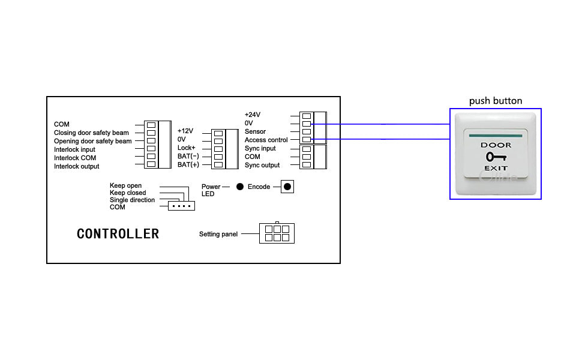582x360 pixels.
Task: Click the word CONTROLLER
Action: point(118,234)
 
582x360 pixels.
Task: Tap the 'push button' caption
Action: point(496,101)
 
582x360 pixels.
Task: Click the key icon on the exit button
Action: point(496,157)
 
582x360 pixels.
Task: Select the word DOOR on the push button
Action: point(496,145)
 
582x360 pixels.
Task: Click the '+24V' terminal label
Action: point(253,115)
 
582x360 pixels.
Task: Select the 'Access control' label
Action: point(266,140)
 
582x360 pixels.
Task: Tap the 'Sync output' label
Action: point(262,165)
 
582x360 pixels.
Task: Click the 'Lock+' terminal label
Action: point(187,148)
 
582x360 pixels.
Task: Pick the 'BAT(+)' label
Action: point(188,164)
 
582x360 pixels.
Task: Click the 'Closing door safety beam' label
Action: point(91,133)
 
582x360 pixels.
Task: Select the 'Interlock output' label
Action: point(77,166)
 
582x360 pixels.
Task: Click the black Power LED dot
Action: point(239,187)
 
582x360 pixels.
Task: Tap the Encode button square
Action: point(287,187)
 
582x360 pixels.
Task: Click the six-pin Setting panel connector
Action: point(277,233)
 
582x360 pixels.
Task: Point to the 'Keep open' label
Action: point(126,186)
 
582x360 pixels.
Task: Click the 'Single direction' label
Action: point(132,200)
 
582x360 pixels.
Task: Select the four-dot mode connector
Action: point(181,206)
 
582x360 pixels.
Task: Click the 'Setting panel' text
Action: point(218,234)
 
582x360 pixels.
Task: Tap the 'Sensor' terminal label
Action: point(255,131)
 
